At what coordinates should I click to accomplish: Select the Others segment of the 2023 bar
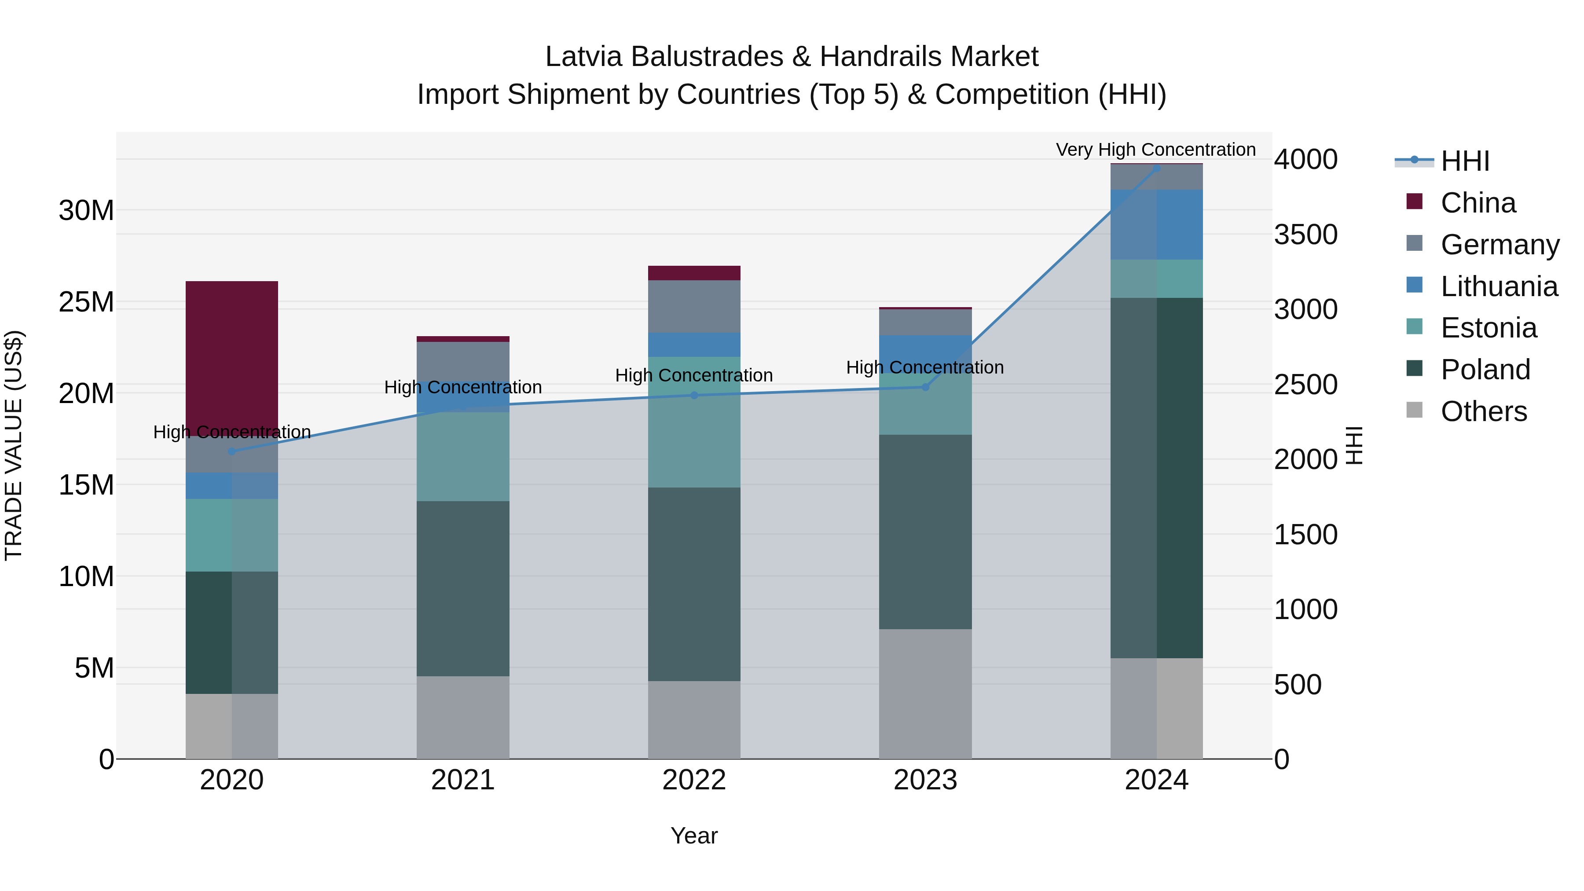(925, 693)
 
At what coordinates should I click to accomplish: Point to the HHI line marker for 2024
(1157, 168)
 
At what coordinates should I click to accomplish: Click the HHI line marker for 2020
(232, 451)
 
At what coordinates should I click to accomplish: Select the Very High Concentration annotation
(1155, 150)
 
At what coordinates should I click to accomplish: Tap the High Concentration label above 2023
(925, 367)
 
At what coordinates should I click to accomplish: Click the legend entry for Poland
(1485, 370)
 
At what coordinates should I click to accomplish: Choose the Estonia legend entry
(1488, 328)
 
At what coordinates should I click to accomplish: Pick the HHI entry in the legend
(1465, 161)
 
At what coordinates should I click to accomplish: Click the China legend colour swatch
(1414, 202)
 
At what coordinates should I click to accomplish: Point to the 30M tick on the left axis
(86, 210)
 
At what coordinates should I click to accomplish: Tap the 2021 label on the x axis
(462, 780)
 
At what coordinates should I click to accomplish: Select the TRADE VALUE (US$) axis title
(14, 445)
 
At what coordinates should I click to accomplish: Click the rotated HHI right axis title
(1355, 445)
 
